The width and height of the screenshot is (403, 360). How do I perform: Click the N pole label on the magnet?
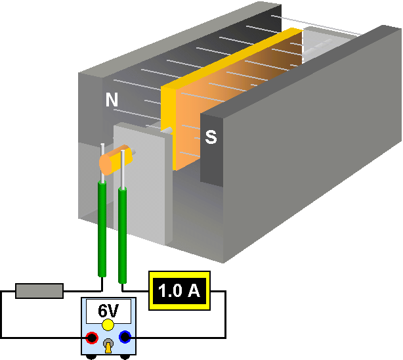point(112,100)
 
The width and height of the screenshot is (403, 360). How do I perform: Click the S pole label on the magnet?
point(211,137)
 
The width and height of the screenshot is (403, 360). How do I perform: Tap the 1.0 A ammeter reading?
point(179,290)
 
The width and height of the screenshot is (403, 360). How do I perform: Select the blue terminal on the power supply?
point(125,338)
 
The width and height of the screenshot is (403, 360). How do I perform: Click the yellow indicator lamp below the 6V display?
point(108,325)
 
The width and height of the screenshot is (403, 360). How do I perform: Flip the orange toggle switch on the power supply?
point(108,346)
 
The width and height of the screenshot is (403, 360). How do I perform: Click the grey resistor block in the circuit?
point(39,290)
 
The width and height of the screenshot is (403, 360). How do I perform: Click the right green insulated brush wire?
point(122,233)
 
